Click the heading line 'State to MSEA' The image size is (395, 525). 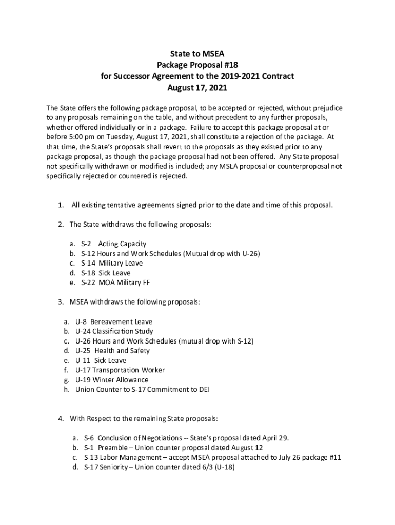coord(197,53)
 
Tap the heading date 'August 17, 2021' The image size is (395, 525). coord(197,88)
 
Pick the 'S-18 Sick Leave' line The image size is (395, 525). coord(106,273)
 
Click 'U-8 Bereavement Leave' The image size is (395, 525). coord(113,321)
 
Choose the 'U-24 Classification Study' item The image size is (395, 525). coord(114,331)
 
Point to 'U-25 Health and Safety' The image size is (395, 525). coord(112,351)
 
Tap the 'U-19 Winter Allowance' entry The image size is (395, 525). coord(112,380)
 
